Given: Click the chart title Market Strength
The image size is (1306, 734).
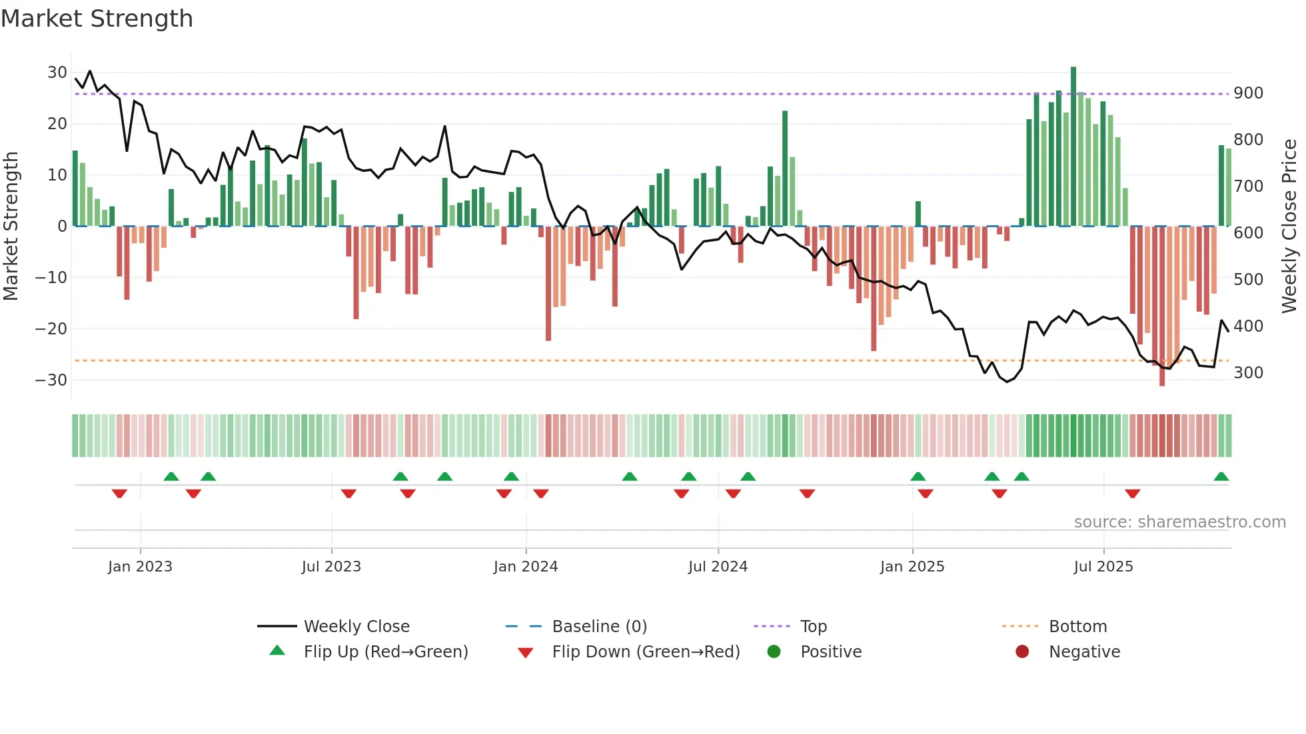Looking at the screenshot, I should (x=97, y=19).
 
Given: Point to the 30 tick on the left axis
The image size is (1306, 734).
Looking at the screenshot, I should (x=57, y=72).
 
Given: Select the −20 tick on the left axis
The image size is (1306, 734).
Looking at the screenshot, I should (x=51, y=328).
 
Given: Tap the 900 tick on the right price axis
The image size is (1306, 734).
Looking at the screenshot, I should (x=1248, y=93).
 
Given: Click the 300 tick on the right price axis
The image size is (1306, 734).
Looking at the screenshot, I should (x=1248, y=373).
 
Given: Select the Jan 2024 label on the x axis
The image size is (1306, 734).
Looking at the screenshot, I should (x=526, y=567).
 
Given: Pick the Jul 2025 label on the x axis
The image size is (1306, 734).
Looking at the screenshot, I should (x=1103, y=567).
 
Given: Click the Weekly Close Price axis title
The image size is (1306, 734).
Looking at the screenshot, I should (x=1289, y=226).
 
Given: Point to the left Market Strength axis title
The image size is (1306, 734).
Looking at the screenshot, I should (x=11, y=226).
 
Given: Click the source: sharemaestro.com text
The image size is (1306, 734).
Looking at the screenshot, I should (x=1179, y=522).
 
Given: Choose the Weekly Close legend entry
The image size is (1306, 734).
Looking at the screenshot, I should (x=356, y=627).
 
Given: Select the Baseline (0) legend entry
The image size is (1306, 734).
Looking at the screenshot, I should (x=599, y=627).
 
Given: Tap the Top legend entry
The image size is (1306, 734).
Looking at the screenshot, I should (x=813, y=627).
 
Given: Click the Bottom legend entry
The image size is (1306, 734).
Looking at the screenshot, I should (x=1077, y=627).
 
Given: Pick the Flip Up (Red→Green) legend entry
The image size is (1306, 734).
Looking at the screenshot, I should (x=386, y=652).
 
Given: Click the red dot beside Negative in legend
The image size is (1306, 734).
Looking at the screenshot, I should (x=1022, y=651).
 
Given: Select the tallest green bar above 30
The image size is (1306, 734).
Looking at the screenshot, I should (x=1073, y=147).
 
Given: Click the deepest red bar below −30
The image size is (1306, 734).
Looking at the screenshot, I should (x=1162, y=306).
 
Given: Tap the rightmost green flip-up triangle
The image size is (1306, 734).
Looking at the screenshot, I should (x=1221, y=477).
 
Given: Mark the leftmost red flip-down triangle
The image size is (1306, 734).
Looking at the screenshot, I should (x=119, y=494).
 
